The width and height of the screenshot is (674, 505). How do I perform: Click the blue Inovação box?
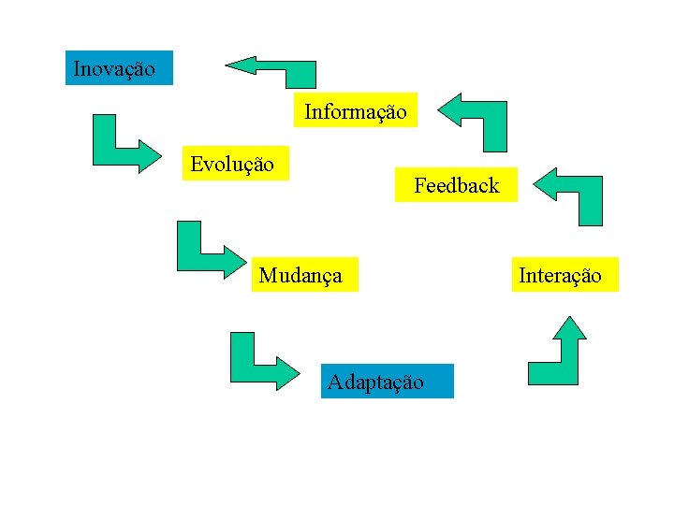point(119,68)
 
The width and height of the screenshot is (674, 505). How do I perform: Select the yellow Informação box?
point(356,111)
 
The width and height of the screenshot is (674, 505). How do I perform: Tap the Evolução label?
point(232,165)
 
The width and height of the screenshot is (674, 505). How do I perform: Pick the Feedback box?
point(456,185)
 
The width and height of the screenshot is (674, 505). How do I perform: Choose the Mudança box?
point(303,275)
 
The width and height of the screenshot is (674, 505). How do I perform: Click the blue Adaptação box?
point(387,382)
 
